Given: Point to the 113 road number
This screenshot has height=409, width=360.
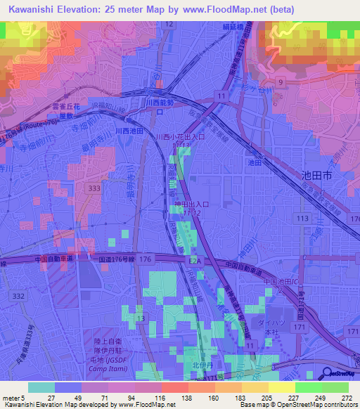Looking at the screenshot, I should point(303,219).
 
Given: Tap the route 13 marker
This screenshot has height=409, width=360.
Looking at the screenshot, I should point(141,319).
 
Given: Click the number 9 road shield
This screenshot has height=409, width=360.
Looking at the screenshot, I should point(280,82).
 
